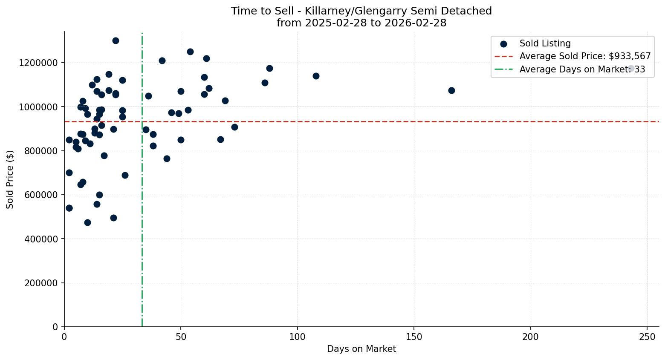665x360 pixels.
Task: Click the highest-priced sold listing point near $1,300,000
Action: pos(116,40)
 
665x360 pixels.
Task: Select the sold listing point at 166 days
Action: pos(451,90)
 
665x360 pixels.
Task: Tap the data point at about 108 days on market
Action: pos(316,76)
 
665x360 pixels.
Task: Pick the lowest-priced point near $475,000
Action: pos(87,222)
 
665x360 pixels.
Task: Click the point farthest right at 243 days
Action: pos(631,68)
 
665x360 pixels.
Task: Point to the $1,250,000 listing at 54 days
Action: pos(190,52)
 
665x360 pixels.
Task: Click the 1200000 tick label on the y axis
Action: pos(38,63)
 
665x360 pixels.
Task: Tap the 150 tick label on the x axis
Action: pos(414,337)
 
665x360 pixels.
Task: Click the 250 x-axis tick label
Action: pos(647,337)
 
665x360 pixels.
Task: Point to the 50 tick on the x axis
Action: pos(181,337)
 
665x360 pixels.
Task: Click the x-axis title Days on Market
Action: pos(361,349)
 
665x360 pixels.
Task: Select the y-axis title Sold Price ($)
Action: pos(10,179)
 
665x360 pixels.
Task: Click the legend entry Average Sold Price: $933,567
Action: pos(585,56)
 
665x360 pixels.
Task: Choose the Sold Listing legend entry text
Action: pos(545,43)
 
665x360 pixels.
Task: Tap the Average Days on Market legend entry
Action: pos(582,69)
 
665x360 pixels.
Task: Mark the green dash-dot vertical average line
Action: pos(142,256)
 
